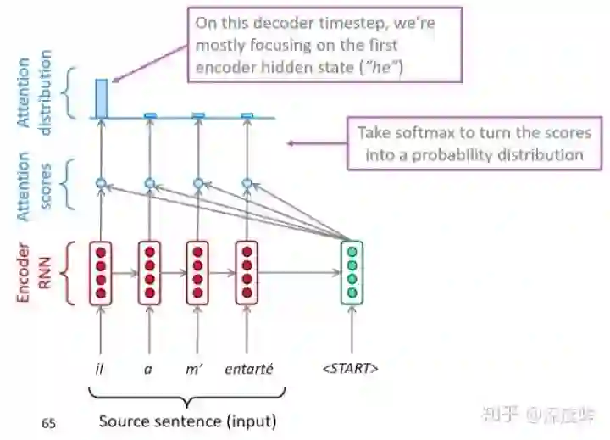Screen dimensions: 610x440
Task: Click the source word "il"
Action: point(100,368)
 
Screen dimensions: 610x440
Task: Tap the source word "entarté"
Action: point(247,368)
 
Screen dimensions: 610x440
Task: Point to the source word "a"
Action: point(149,368)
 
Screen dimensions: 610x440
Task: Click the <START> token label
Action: point(351,368)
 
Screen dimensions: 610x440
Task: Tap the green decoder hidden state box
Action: point(351,273)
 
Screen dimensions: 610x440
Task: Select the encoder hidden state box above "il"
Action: point(101,273)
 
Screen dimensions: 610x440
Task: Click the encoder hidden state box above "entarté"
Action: point(247,273)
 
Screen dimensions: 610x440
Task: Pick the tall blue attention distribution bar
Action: point(101,97)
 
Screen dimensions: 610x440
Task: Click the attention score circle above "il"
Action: point(101,182)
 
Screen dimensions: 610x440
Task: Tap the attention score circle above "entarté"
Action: point(247,182)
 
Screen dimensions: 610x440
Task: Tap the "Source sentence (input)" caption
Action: point(187,420)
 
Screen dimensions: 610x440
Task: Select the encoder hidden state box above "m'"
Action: point(197,273)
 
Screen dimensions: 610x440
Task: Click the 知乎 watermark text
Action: point(501,414)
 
